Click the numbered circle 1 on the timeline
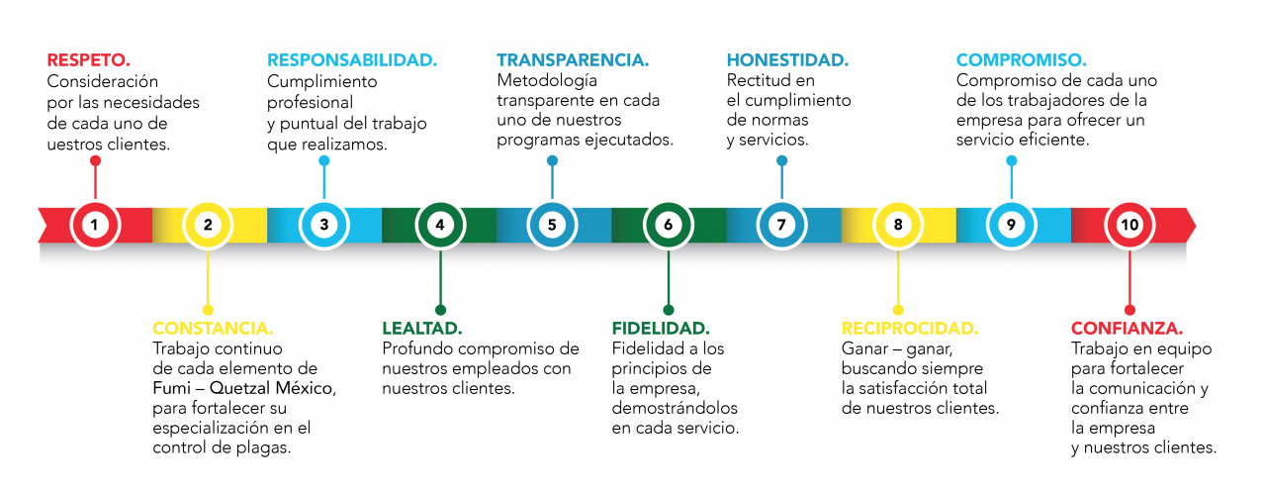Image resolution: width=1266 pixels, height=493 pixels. point(95,225)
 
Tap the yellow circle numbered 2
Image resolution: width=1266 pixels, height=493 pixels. point(208,225)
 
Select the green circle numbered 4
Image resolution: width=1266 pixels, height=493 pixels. point(439,225)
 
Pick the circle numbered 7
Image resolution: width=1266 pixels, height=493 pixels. point(781,225)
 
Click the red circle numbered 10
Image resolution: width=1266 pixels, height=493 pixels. point(1129,225)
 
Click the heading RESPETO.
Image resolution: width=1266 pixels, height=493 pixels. point(89,59)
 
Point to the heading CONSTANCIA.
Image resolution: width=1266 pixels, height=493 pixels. point(213,328)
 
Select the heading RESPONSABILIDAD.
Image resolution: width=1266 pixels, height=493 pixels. point(352,59)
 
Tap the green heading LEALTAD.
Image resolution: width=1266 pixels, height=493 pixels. point(422,328)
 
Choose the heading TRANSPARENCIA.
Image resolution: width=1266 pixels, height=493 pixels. point(573,59)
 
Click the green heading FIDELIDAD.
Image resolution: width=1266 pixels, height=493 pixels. point(661,328)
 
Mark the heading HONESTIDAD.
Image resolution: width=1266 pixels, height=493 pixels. point(787,59)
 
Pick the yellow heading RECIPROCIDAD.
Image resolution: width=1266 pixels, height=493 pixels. point(909,328)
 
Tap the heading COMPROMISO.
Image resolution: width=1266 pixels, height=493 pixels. point(1022,59)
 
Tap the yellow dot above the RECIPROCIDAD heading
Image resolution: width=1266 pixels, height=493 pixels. point(898,309)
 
